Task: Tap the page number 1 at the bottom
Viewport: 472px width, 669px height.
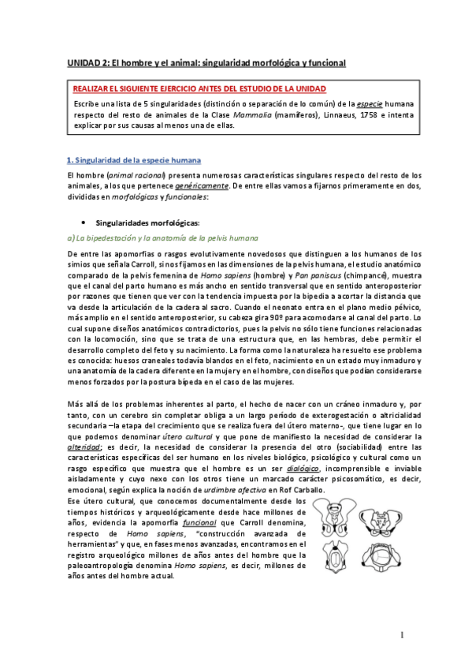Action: [x=402, y=634]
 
